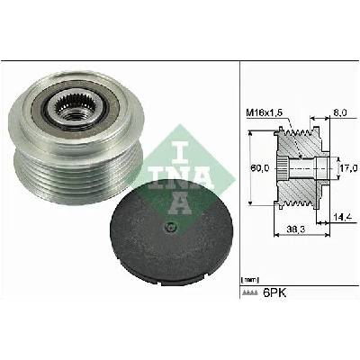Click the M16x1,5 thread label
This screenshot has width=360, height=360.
coord(265,113)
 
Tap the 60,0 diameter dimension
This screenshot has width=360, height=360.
coord(260,168)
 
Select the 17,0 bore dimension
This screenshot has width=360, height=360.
coord(349,167)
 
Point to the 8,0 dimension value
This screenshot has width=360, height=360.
coord(340,112)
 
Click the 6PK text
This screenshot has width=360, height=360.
coord(274,292)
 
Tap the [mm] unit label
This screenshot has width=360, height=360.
coord(249,280)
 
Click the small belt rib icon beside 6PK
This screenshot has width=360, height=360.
coord(250,293)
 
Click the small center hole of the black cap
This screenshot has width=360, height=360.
coord(171,227)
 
